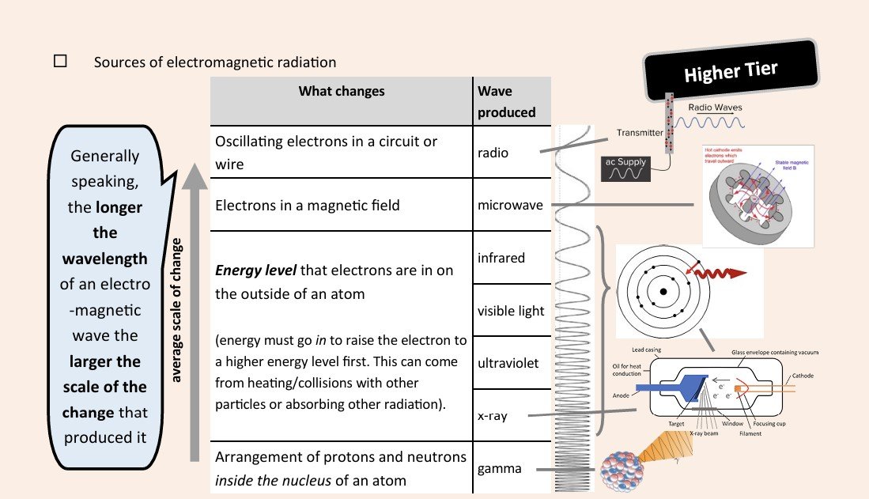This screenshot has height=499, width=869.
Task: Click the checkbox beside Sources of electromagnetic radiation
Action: coord(60,62)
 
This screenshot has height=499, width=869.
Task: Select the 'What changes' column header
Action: coord(341,91)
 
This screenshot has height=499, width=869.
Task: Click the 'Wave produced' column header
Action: coord(506,101)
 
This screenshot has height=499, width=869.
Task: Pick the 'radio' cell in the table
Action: coord(493,153)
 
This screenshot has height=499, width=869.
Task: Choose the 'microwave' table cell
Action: coord(510,205)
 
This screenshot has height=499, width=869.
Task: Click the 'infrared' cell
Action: coord(501,258)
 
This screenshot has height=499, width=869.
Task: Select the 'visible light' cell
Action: coord(510,311)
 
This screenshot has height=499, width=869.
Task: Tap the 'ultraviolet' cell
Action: coord(508,363)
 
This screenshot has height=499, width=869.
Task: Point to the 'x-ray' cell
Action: coord(493,416)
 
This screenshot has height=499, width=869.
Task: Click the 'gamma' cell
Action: coord(499,468)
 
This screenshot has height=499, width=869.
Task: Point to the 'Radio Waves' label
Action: coord(715,108)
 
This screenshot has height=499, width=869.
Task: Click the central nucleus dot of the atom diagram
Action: coord(663,291)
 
